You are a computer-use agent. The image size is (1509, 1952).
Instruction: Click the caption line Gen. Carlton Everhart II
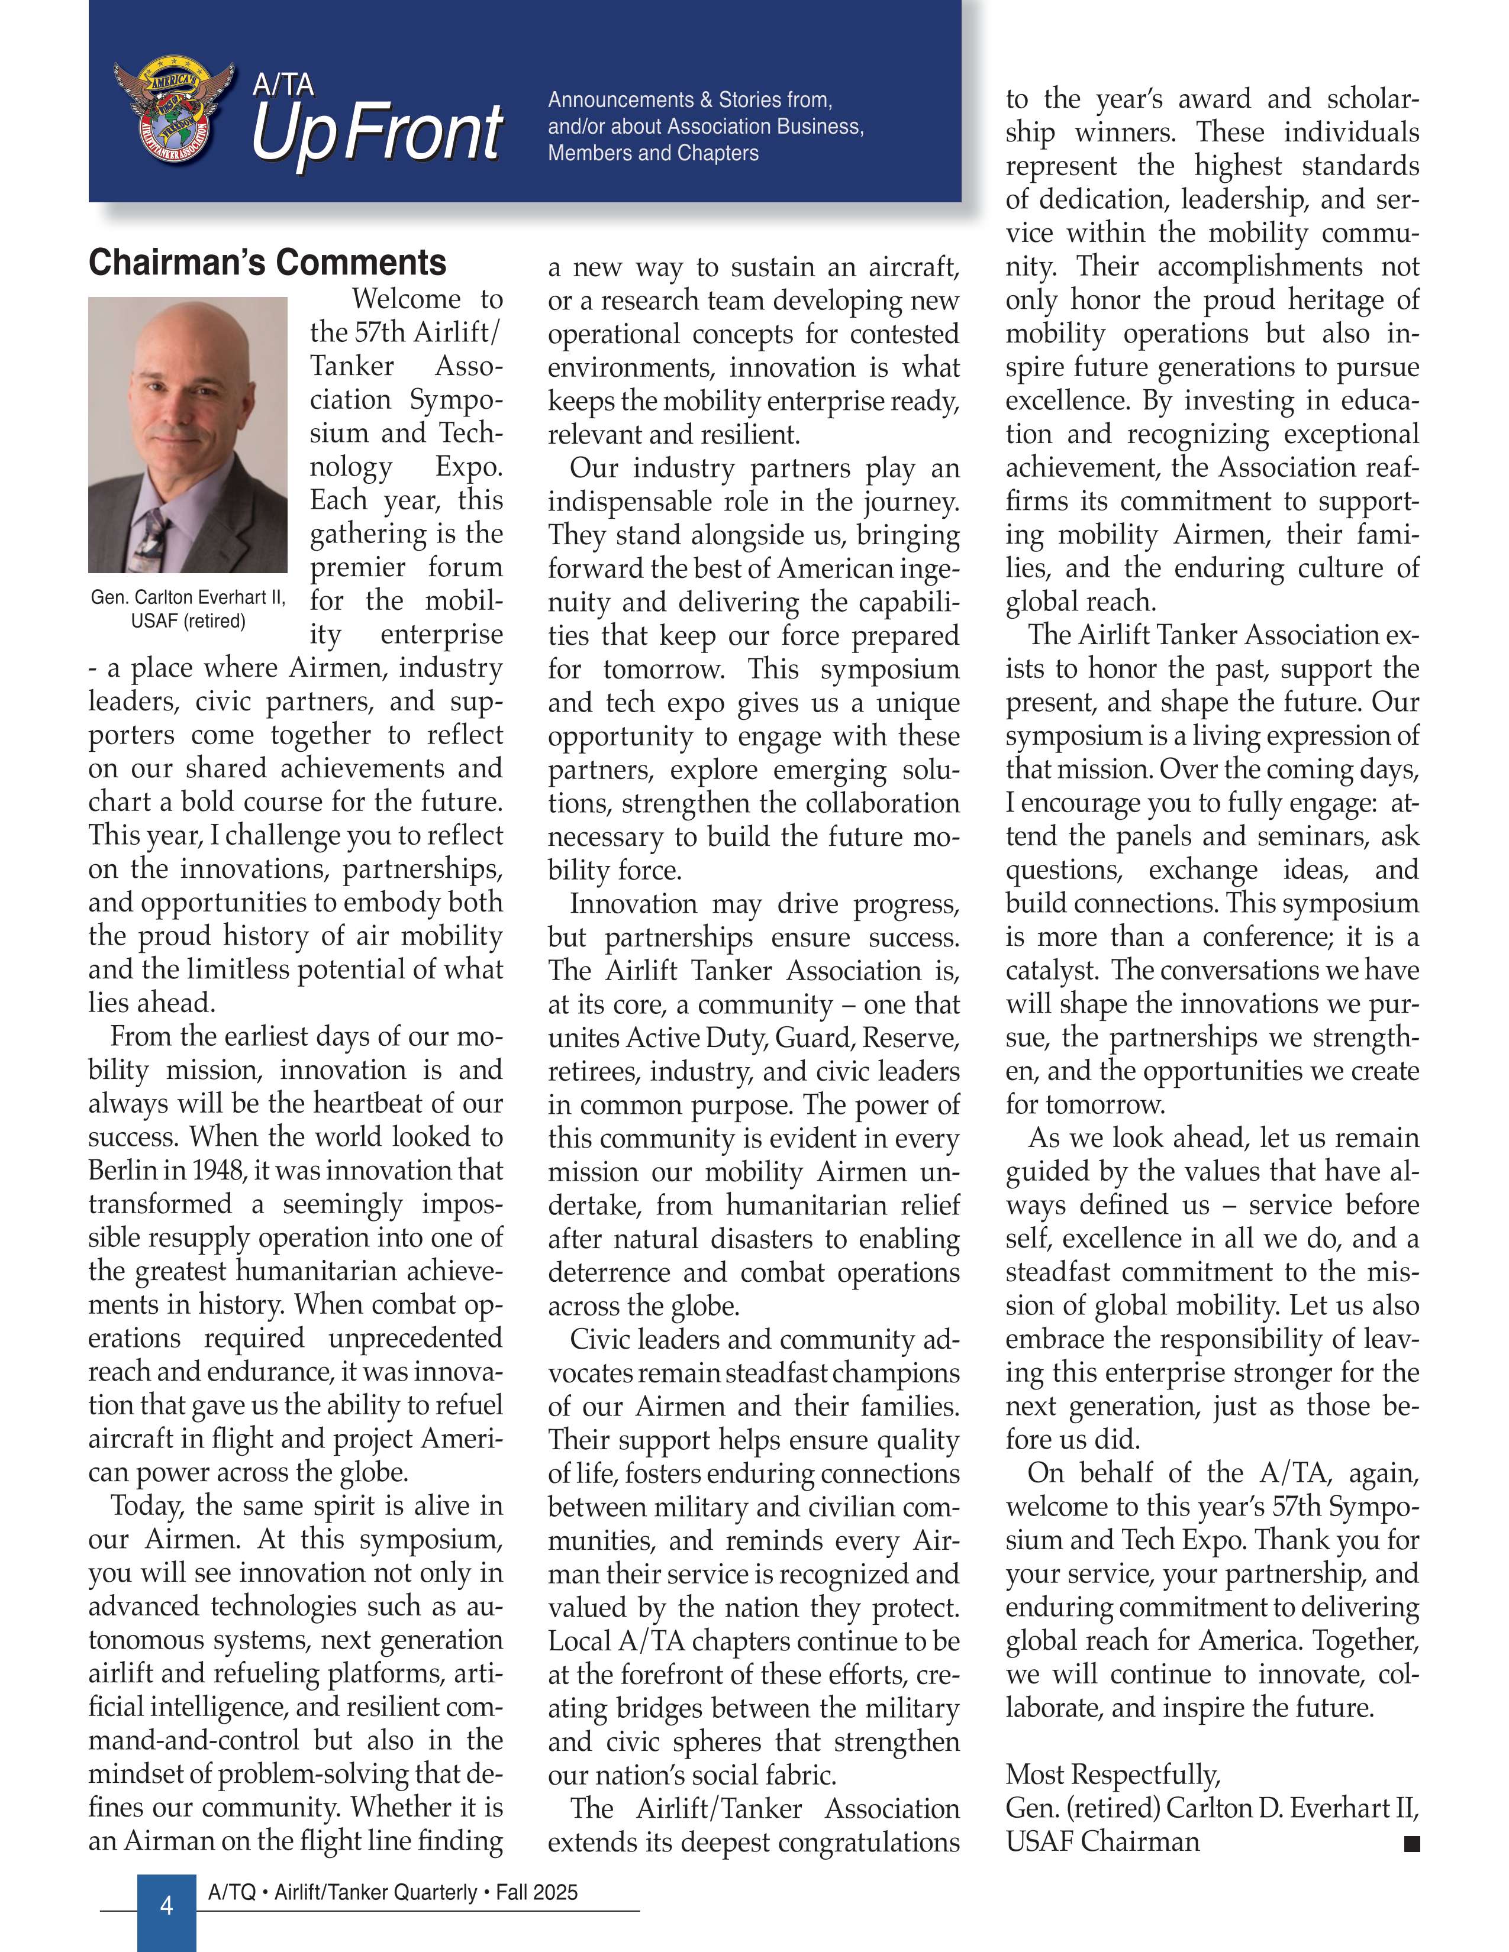coord(188,597)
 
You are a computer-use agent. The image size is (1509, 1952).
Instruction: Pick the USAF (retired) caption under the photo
coord(188,620)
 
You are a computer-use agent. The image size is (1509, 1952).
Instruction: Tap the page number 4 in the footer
coord(166,1905)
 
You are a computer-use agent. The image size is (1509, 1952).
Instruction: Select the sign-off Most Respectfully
coord(1112,1774)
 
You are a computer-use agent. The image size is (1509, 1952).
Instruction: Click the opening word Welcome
coord(407,299)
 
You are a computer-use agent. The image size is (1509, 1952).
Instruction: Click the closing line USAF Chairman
coord(1102,1841)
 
